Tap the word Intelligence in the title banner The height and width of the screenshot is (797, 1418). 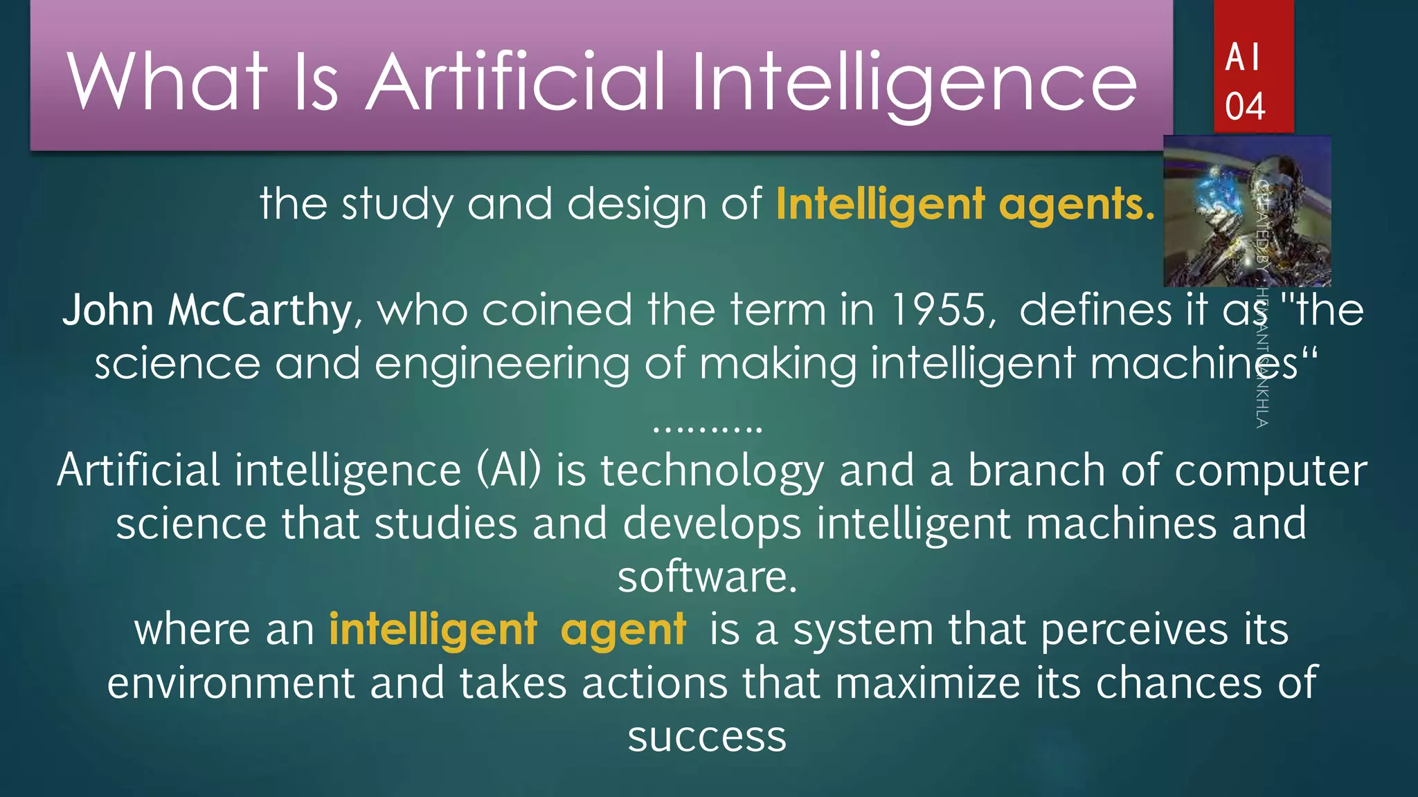click(x=914, y=83)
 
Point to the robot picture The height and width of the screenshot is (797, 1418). click(x=1246, y=211)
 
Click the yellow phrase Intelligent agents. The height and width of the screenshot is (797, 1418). click(x=965, y=204)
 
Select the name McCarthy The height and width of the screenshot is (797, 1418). click(x=260, y=309)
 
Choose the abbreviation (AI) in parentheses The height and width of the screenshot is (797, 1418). click(x=508, y=470)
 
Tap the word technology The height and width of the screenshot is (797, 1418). click(x=712, y=471)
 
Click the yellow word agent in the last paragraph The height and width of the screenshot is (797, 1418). click(x=623, y=630)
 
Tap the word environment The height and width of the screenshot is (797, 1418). click(x=231, y=683)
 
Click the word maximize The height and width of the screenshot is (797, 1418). click(x=928, y=683)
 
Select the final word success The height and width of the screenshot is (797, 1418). click(x=707, y=737)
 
